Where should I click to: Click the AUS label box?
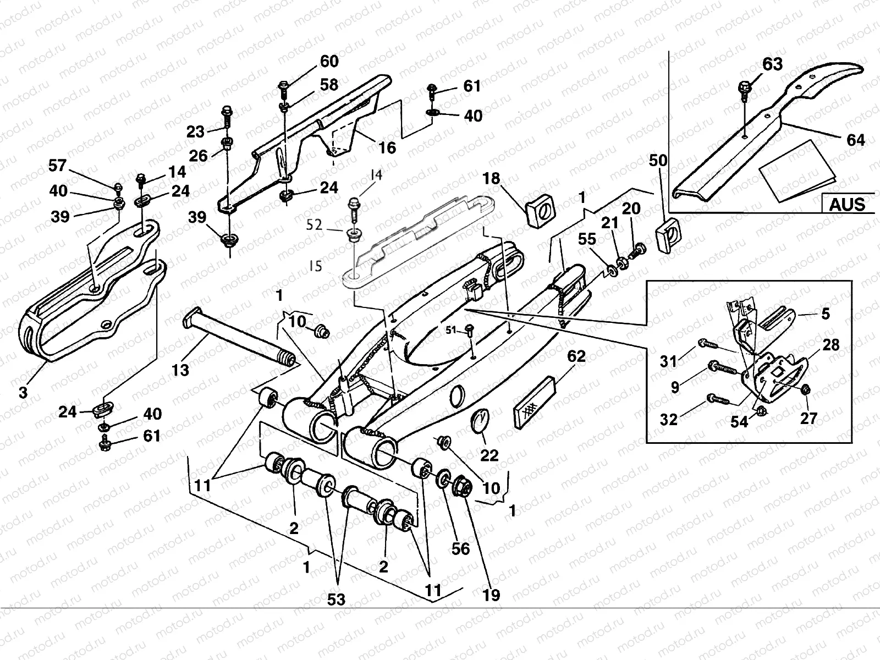point(848,205)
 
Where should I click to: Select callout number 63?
point(772,64)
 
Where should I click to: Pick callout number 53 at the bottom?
point(336,599)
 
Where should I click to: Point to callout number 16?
point(387,147)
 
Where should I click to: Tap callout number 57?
point(57,165)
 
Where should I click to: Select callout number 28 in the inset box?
point(831,345)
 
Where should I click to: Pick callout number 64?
point(855,140)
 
